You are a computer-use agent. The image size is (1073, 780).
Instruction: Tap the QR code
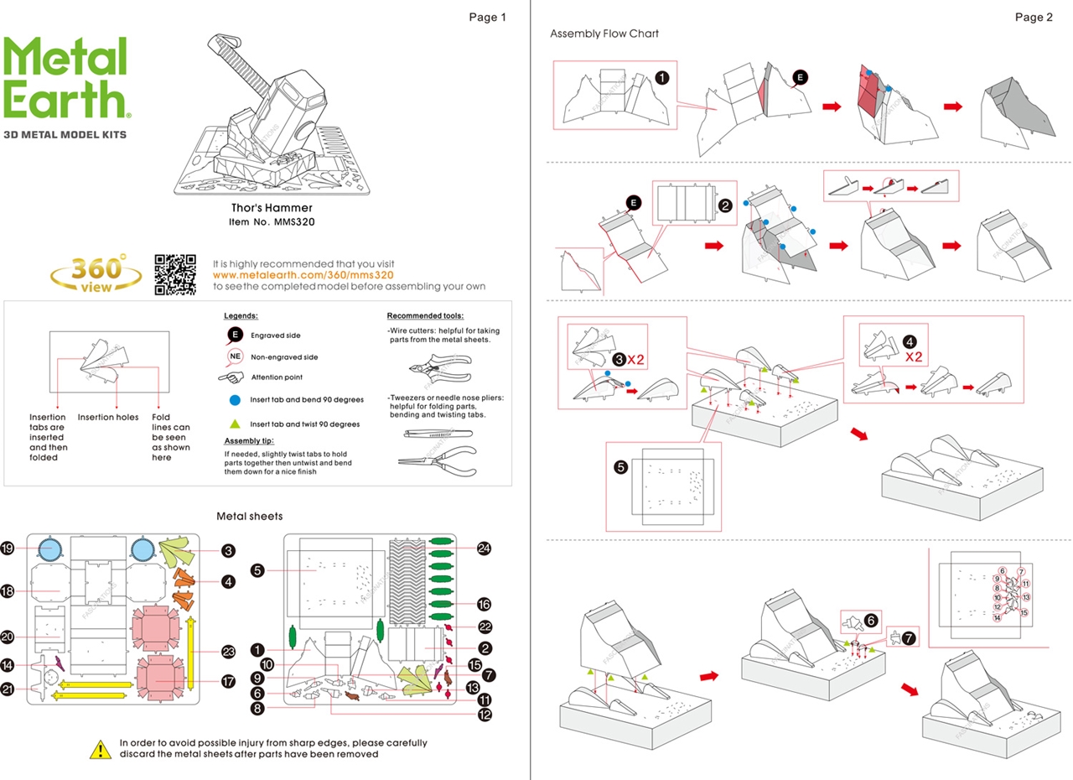click(175, 274)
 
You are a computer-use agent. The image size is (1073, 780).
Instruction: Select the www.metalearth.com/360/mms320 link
click(303, 275)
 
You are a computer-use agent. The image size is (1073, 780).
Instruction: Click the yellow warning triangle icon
click(101, 748)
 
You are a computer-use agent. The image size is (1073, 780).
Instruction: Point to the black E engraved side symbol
click(235, 335)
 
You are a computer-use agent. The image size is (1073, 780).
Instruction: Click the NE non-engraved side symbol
click(235, 356)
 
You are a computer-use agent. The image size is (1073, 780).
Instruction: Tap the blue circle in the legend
click(235, 400)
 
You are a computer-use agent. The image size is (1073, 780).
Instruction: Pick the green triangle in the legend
click(235, 424)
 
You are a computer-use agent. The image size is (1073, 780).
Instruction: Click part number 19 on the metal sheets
click(8, 549)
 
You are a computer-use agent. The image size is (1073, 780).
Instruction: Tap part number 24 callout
click(483, 549)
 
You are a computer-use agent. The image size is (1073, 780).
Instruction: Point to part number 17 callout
click(227, 682)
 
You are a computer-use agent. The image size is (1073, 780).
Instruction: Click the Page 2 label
click(1033, 18)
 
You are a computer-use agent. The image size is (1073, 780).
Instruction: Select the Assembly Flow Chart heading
click(604, 34)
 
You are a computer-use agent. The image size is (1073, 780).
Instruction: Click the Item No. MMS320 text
click(272, 223)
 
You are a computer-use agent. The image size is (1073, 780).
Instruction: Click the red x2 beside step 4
click(915, 356)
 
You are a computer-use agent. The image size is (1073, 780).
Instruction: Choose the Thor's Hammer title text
click(272, 208)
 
